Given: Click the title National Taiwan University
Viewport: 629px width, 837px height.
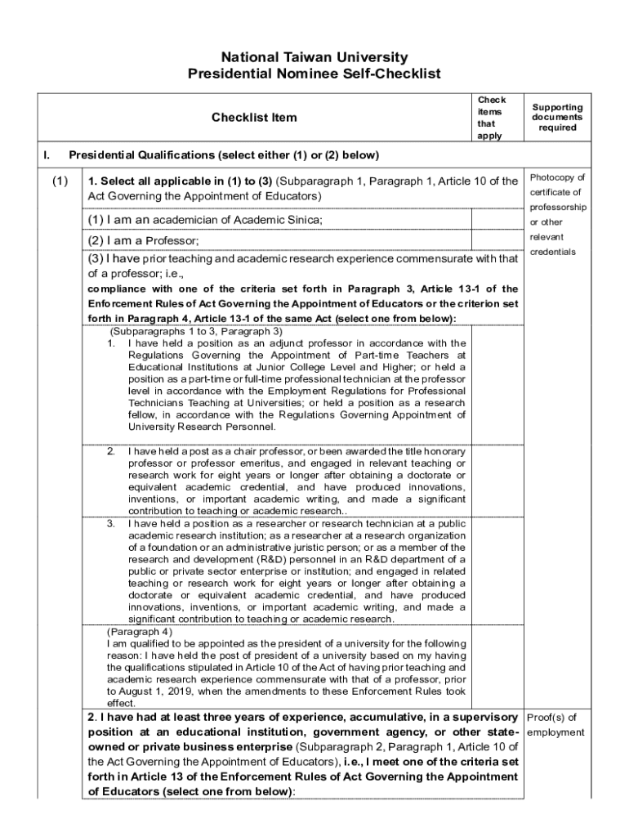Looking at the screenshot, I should pyautogui.click(x=314, y=57).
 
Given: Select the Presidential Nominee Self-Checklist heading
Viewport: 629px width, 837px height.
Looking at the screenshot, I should pyautogui.click(x=314, y=74).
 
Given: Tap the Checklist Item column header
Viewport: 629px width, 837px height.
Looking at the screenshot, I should pyautogui.click(x=254, y=118).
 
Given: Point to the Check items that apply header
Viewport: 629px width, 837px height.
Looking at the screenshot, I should pyautogui.click(x=492, y=118).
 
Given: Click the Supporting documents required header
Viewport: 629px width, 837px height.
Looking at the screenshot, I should pyautogui.click(x=557, y=118).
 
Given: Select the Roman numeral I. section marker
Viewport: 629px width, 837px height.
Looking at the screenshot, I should pyautogui.click(x=47, y=154).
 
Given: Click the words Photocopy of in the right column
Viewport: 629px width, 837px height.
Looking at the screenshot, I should pyautogui.click(x=557, y=177).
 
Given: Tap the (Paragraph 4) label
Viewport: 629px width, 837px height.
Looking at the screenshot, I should pyautogui.click(x=140, y=632).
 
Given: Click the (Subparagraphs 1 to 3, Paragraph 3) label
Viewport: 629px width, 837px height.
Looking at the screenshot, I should pyautogui.click(x=196, y=332).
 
